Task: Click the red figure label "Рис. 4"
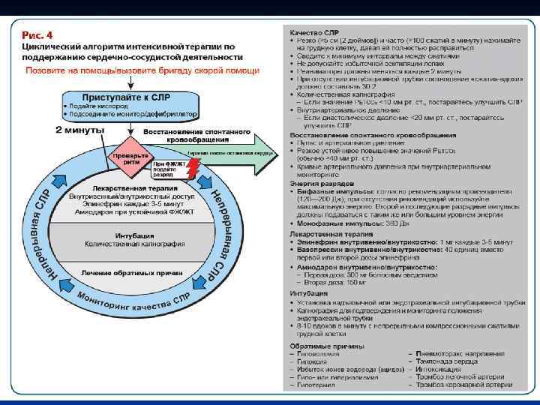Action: pyautogui.click(x=37, y=34)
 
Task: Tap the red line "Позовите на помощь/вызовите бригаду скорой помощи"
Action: pyautogui.click(x=143, y=70)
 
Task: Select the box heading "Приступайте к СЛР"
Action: pyautogui.click(x=129, y=97)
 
